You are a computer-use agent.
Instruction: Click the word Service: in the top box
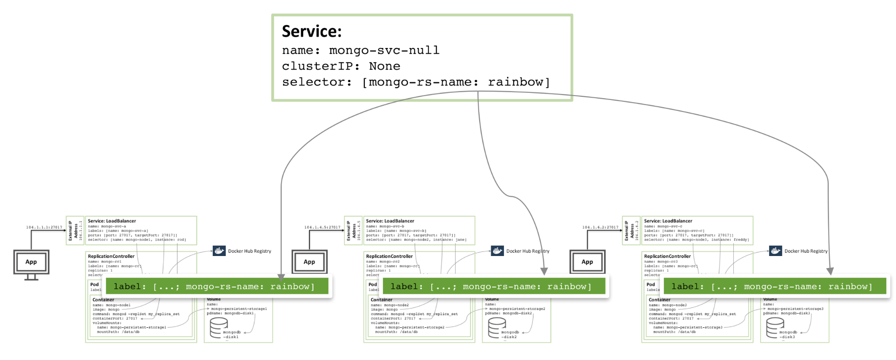pyautogui.click(x=312, y=31)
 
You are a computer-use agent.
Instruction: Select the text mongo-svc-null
pyautogui.click(x=384, y=50)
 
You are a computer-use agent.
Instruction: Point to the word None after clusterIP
pyautogui.click(x=385, y=66)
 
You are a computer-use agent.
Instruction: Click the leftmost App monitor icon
pyautogui.click(x=31, y=262)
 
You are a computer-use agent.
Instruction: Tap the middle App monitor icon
pyautogui.click(x=309, y=262)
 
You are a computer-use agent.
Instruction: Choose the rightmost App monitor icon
pyautogui.click(x=587, y=262)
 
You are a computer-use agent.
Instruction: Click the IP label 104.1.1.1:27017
pyautogui.click(x=44, y=227)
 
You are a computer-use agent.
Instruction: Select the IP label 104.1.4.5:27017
pyautogui.click(x=322, y=227)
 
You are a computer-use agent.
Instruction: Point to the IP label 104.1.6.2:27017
pyautogui.click(x=600, y=227)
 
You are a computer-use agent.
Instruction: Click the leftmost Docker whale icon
pyautogui.click(x=219, y=251)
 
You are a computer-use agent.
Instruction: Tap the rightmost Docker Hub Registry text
pyautogui.click(x=805, y=251)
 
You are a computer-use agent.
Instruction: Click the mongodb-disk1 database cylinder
pyautogui.click(x=219, y=328)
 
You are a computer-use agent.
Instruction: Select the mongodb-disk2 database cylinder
pyautogui.click(x=497, y=328)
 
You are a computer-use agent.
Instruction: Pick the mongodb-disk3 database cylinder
pyautogui.click(x=775, y=328)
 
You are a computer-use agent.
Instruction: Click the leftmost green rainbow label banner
pyautogui.click(x=217, y=286)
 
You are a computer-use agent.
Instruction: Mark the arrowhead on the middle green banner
pyautogui.click(x=544, y=271)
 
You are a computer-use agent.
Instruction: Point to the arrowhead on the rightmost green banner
pyautogui.click(x=830, y=271)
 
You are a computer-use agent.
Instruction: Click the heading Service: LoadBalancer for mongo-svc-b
pyautogui.click(x=390, y=221)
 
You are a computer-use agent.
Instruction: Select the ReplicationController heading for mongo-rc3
pyautogui.click(x=667, y=256)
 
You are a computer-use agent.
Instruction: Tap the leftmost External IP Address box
pyautogui.click(x=75, y=230)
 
